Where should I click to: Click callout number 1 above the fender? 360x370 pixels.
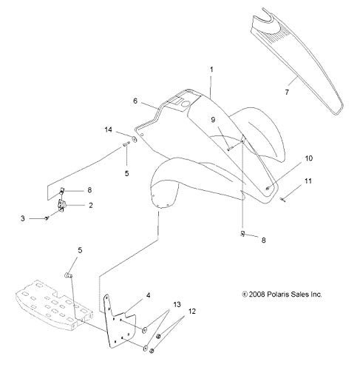(x=211, y=70)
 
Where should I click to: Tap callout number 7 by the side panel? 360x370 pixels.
(x=287, y=92)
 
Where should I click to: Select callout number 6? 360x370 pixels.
(x=135, y=101)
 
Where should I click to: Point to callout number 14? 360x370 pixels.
(x=109, y=129)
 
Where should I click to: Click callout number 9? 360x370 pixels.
(x=213, y=120)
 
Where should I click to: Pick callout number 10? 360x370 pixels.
(x=308, y=158)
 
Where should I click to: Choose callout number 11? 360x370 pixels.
(x=308, y=181)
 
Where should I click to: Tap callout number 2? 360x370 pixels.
(x=91, y=205)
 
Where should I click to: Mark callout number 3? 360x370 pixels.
(x=23, y=218)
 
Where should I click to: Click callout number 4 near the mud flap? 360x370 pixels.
(x=148, y=295)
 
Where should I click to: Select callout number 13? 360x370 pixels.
(x=177, y=305)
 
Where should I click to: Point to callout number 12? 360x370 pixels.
(x=192, y=312)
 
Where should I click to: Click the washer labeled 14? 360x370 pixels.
(x=135, y=139)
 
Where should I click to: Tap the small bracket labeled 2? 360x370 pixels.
(x=61, y=203)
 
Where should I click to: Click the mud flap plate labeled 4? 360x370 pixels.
(x=118, y=320)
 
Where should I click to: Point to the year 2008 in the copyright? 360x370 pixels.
(x=257, y=295)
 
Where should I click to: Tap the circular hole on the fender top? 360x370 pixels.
(x=185, y=104)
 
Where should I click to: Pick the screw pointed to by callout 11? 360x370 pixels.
(x=282, y=200)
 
